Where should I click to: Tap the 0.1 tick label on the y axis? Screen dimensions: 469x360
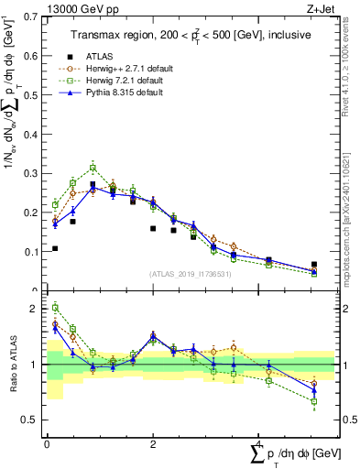[x=28, y=251]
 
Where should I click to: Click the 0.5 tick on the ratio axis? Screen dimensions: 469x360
[x=28, y=420]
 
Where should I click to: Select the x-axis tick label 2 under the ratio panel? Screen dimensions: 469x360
[x=153, y=442]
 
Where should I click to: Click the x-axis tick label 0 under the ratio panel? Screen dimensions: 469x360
[x=47, y=442]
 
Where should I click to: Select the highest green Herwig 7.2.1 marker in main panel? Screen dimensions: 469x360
[x=93, y=168]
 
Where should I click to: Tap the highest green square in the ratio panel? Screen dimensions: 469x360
[x=55, y=308]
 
